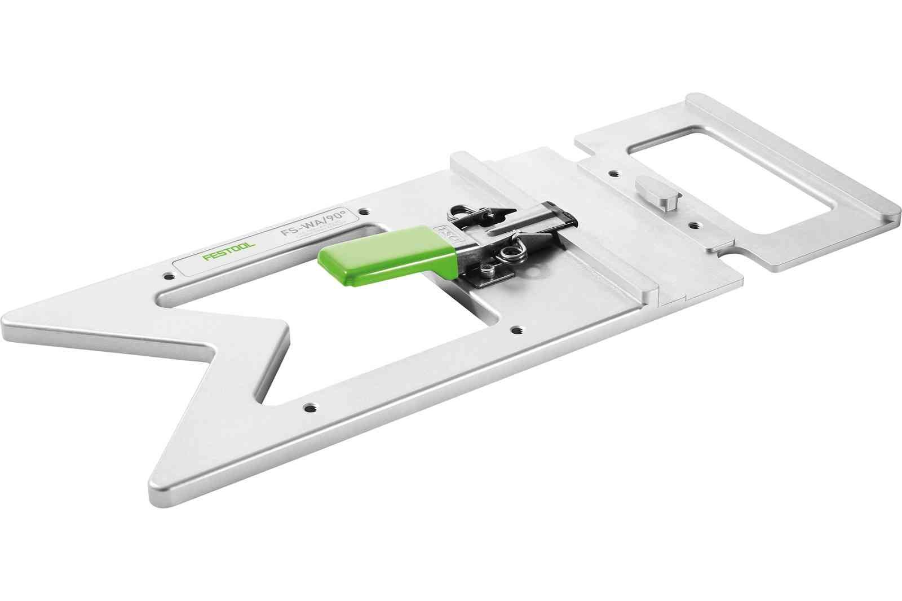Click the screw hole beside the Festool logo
coord(167,276)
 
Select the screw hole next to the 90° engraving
coord(365,211)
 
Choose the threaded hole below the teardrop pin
coord(692,224)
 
